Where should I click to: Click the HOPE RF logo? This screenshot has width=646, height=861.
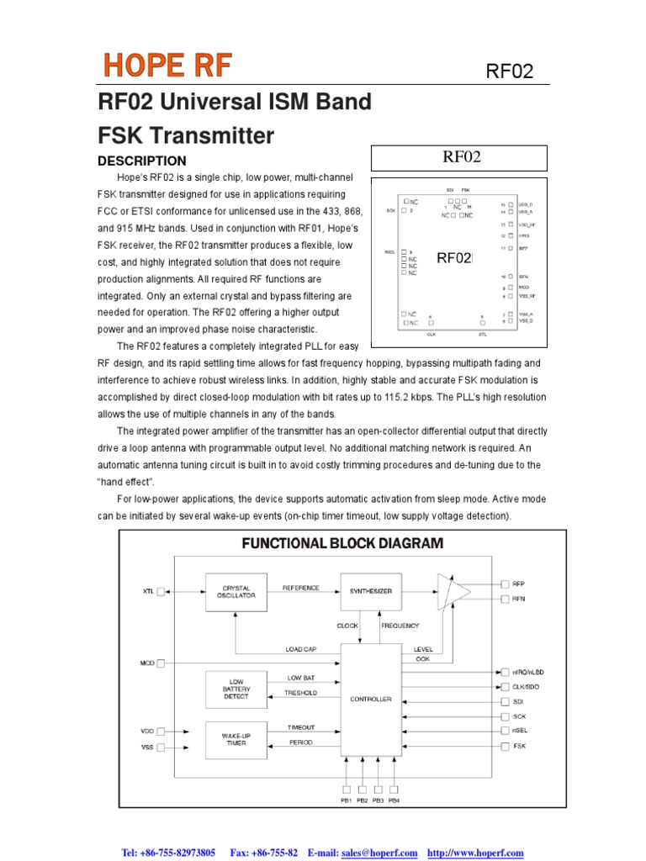coord(167,65)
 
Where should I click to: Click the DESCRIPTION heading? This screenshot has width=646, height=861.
coord(142,161)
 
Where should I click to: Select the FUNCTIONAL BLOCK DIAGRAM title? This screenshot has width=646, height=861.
coord(342,544)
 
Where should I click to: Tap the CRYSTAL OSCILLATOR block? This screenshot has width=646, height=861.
coord(236,592)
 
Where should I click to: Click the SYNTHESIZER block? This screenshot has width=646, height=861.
coord(371,591)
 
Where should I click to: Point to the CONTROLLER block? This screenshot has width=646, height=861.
coord(371,699)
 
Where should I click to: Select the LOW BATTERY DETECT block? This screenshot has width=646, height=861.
coord(236,689)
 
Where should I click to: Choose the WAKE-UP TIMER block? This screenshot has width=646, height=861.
coord(236,739)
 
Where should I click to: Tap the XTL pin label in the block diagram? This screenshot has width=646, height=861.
coord(148,592)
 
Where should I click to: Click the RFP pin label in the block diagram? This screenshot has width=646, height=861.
coord(518,583)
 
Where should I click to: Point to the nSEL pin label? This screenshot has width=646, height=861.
coord(520,731)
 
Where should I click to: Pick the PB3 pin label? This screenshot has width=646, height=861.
coord(379,800)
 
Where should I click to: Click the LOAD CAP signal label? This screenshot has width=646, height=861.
coord(300,649)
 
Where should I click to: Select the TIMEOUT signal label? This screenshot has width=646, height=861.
coord(301,727)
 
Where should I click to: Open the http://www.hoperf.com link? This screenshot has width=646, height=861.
coord(475,853)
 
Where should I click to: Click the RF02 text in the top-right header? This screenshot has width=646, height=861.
coord(510,71)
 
